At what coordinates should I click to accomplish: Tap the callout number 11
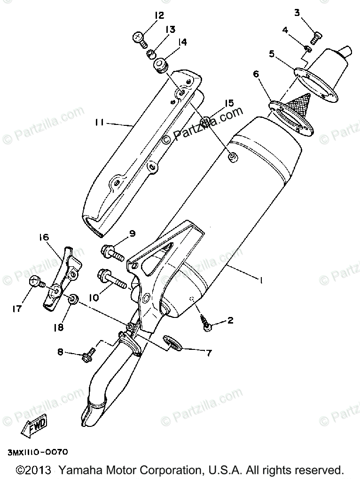pos(99,123)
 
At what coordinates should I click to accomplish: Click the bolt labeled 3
pos(317,34)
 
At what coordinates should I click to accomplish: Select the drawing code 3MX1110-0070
pos(38,452)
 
